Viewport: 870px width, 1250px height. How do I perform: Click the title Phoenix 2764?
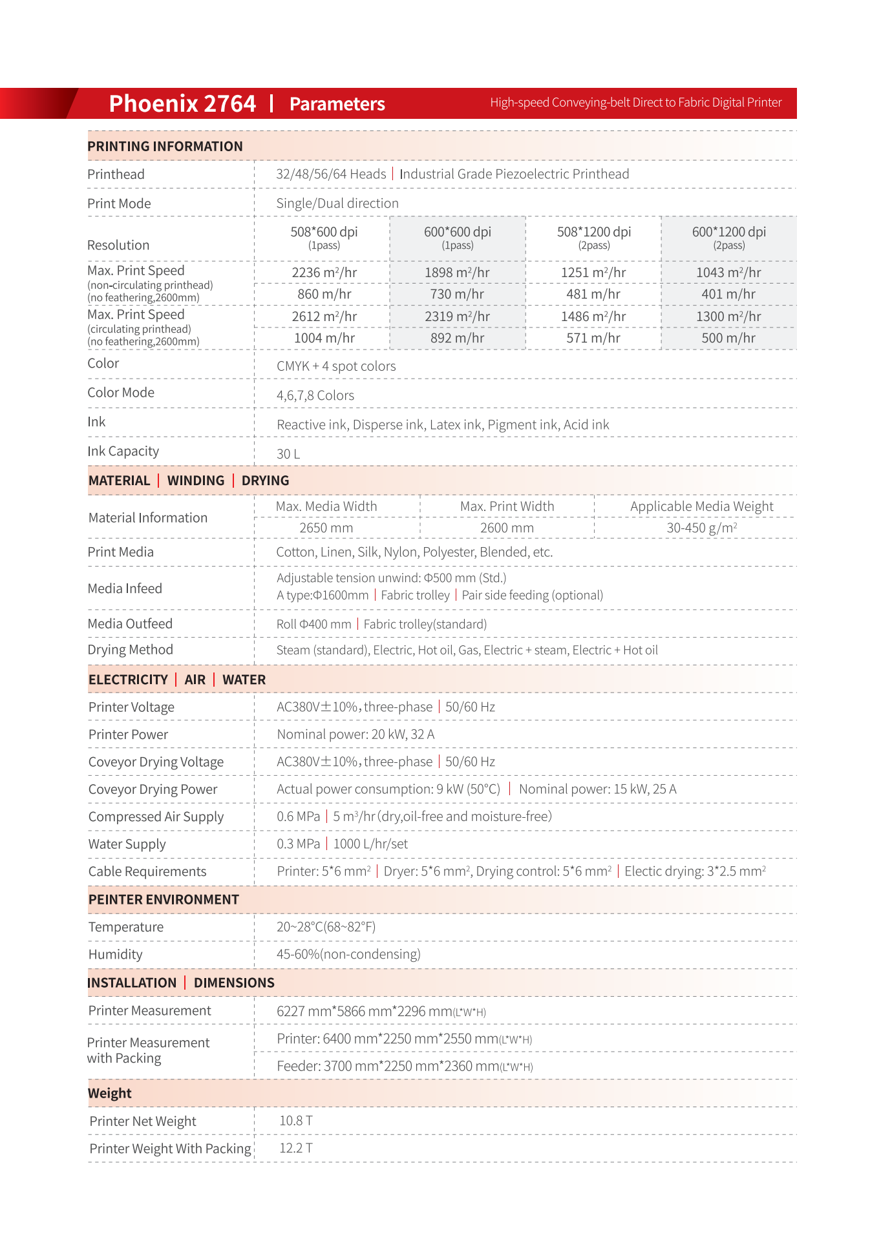[182, 103]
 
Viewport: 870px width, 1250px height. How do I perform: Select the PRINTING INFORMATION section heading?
[165, 147]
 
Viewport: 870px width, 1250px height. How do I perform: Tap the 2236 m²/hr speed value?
[324, 273]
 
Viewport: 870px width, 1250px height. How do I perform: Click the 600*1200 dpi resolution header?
[728, 232]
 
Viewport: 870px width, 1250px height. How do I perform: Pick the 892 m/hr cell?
[457, 339]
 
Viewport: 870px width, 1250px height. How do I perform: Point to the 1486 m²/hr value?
[593, 317]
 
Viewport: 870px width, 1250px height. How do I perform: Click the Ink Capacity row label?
[123, 452]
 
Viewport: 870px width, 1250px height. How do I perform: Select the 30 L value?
[288, 454]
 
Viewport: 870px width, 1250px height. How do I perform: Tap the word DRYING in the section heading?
[265, 481]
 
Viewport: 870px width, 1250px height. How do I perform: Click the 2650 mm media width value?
[326, 528]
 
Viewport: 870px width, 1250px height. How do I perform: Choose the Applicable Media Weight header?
[701, 506]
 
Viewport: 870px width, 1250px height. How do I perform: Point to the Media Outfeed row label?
[130, 624]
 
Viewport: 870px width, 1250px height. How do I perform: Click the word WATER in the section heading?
[244, 680]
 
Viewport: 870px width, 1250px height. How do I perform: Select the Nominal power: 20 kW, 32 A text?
[355, 734]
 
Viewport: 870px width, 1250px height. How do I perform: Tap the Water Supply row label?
[127, 844]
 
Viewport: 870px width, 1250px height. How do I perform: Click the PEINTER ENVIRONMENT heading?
[164, 900]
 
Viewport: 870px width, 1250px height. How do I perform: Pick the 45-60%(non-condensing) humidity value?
[348, 954]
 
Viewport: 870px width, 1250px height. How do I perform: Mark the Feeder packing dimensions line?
[405, 1066]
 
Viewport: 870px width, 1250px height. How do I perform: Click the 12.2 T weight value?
[295, 1148]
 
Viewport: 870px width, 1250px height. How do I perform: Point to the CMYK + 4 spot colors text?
[336, 366]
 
